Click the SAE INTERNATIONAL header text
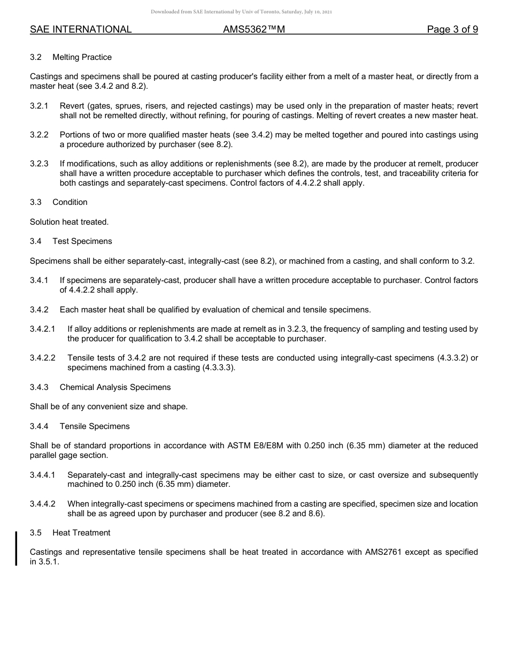pyautogui.click(x=81, y=29)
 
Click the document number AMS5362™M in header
pyautogui.click(x=254, y=29)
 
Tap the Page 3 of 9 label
pyautogui.click(x=452, y=29)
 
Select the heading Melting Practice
pyautogui.click(x=82, y=57)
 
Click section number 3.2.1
pyautogui.click(x=39, y=106)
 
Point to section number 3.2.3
pyautogui.click(x=39, y=164)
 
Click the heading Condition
pyautogui.click(x=70, y=202)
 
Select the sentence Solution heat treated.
pyautogui.click(x=69, y=222)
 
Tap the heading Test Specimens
pyautogui.click(x=82, y=241)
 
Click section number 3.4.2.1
pyautogui.click(x=43, y=329)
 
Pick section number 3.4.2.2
pyautogui.click(x=43, y=358)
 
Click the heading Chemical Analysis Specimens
pyautogui.click(x=115, y=387)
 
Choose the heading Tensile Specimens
pyautogui.click(x=95, y=426)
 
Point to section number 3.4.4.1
pyautogui.click(x=43, y=475)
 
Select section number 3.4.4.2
pyautogui.click(x=43, y=504)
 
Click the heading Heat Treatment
pyautogui.click(x=81, y=533)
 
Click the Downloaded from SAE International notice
pyautogui.click(x=242, y=11)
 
